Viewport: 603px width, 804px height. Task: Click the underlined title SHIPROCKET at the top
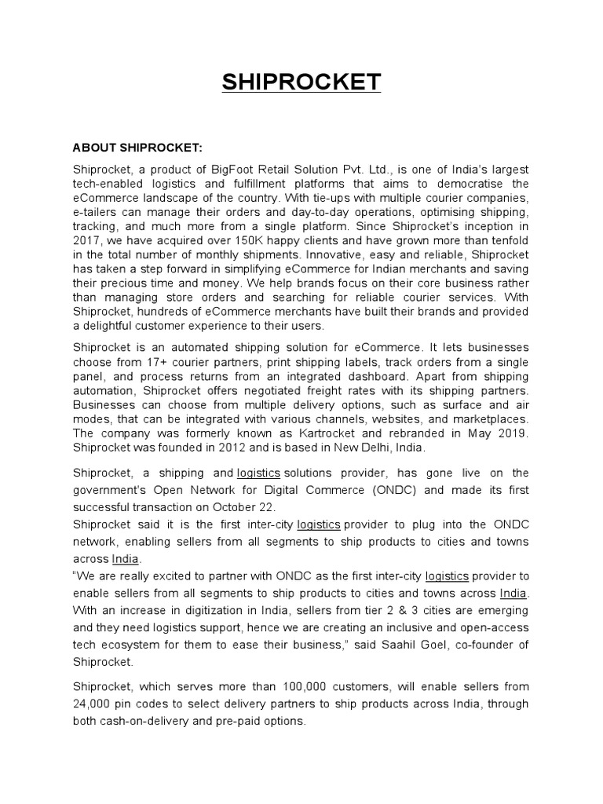[301, 82]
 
